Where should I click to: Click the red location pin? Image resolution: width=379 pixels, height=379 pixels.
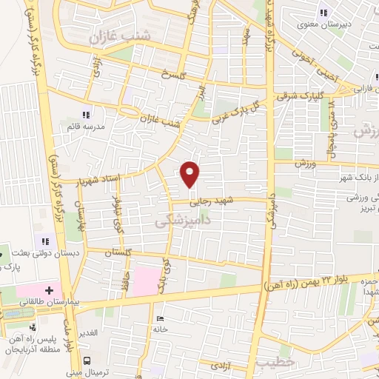(190, 172)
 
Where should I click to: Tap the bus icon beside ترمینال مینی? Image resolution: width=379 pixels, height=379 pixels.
(88, 360)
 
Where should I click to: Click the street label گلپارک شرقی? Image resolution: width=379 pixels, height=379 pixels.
(298, 95)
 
